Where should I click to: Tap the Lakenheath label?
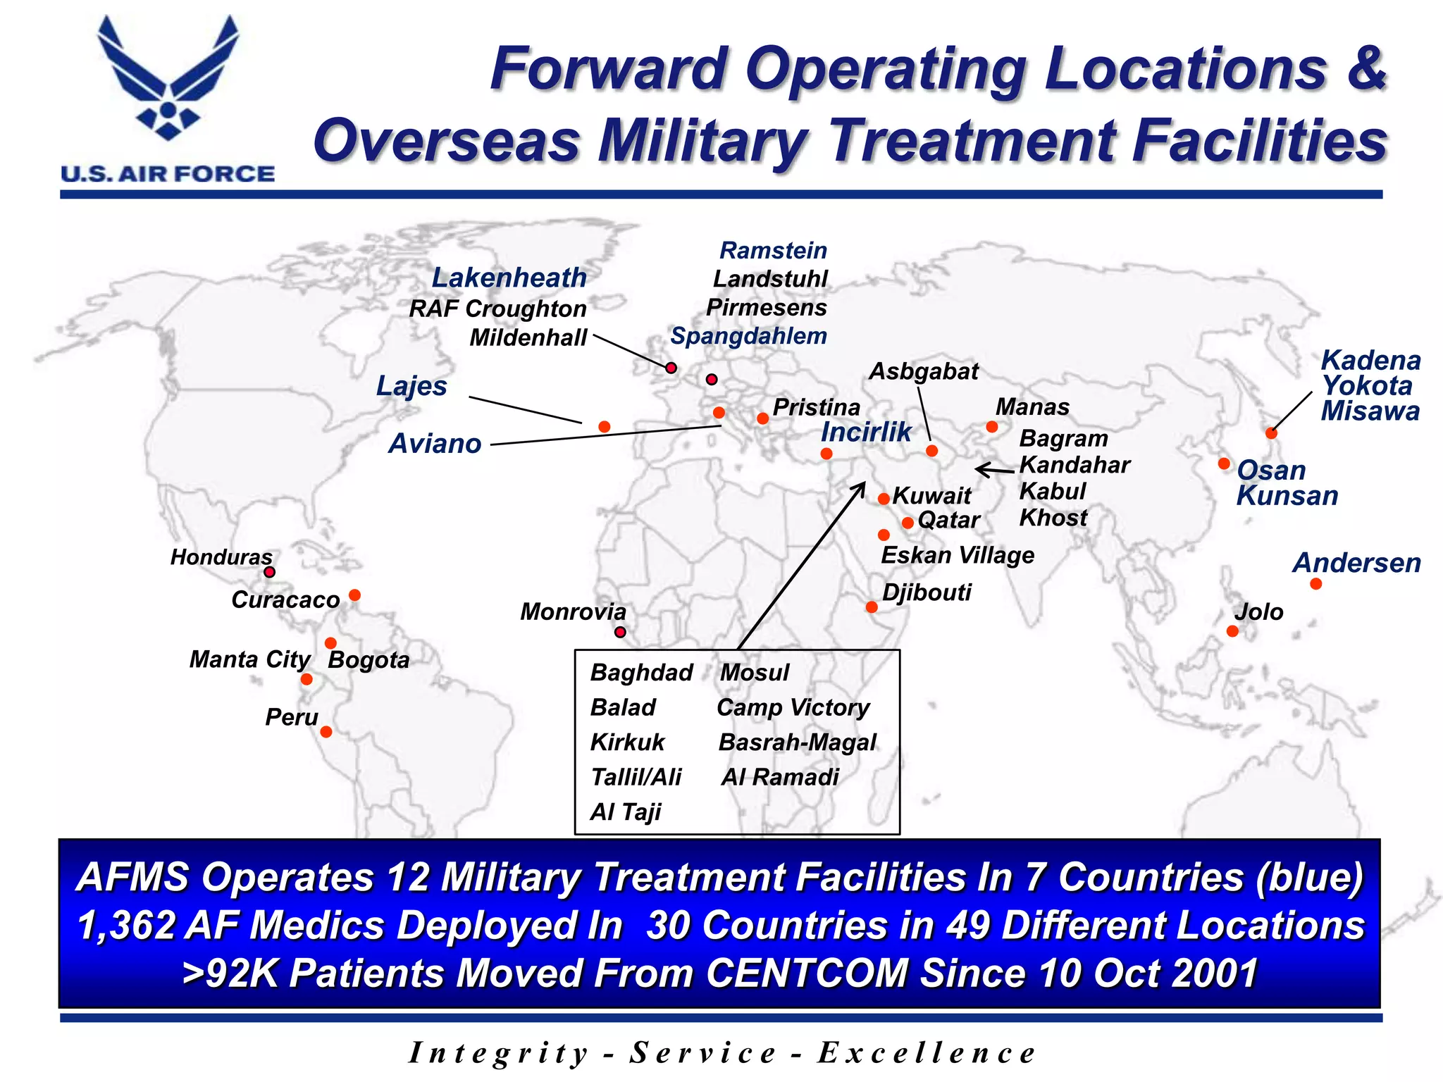pyautogui.click(x=509, y=278)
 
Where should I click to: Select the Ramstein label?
pyautogui.click(x=773, y=250)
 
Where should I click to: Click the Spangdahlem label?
pyautogui.click(x=748, y=336)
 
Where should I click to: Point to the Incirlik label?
pyautogui.click(x=866, y=432)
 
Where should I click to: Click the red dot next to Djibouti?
pyautogui.click(x=872, y=607)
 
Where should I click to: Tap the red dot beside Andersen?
pyautogui.click(x=1315, y=584)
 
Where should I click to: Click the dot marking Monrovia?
pyautogui.click(x=620, y=633)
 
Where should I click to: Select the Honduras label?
pyautogui.click(x=221, y=557)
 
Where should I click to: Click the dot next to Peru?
pyautogui.click(x=326, y=732)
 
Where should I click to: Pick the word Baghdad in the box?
pyautogui.click(x=641, y=673)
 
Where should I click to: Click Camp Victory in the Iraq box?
pyautogui.click(x=793, y=707)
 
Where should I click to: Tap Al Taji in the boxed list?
pyautogui.click(x=626, y=812)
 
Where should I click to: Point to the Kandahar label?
pyautogui.click(x=1074, y=465)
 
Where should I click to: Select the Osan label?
pyautogui.click(x=1271, y=470)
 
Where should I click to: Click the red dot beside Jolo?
pyautogui.click(x=1232, y=631)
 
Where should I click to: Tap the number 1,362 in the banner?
pyautogui.click(x=126, y=925)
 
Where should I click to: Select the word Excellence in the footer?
pyautogui.click(x=926, y=1053)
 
